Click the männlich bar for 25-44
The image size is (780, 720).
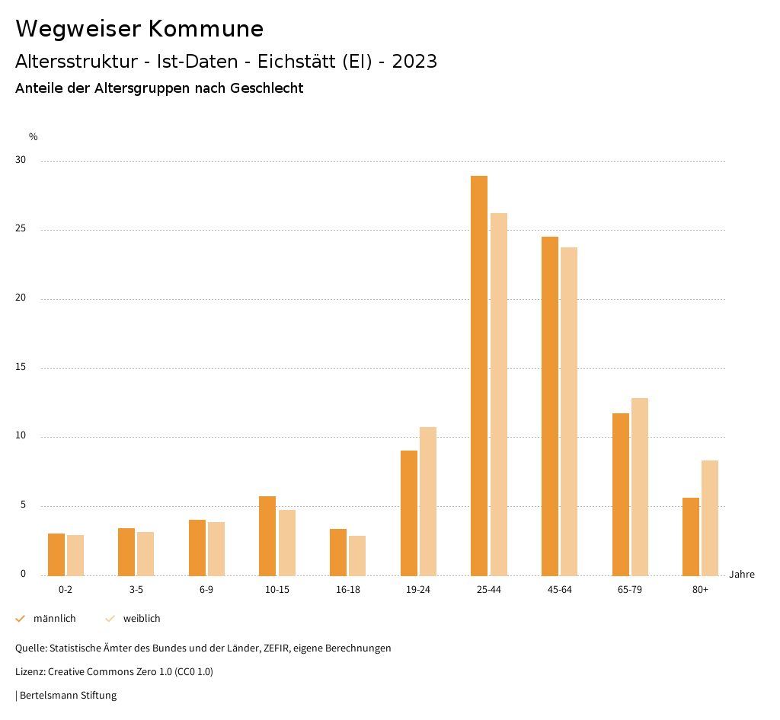click(x=479, y=376)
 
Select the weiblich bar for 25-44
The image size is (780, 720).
click(x=499, y=394)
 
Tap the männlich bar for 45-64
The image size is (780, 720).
click(x=550, y=406)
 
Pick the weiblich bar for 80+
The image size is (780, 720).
click(x=710, y=518)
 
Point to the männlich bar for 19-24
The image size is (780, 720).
click(x=409, y=513)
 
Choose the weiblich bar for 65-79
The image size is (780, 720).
click(x=640, y=487)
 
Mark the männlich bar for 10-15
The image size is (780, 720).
click(x=267, y=536)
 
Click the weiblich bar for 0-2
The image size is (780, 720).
click(x=75, y=556)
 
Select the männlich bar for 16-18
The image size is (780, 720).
click(x=338, y=553)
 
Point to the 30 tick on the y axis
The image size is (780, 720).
click(x=21, y=161)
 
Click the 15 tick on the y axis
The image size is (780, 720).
click(x=21, y=368)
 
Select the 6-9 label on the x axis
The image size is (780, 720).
click(x=206, y=590)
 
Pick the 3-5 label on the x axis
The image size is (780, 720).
click(x=136, y=590)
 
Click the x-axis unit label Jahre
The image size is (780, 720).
click(x=741, y=575)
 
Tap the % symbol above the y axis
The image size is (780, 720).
click(x=34, y=137)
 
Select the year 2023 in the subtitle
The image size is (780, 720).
click(x=414, y=62)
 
